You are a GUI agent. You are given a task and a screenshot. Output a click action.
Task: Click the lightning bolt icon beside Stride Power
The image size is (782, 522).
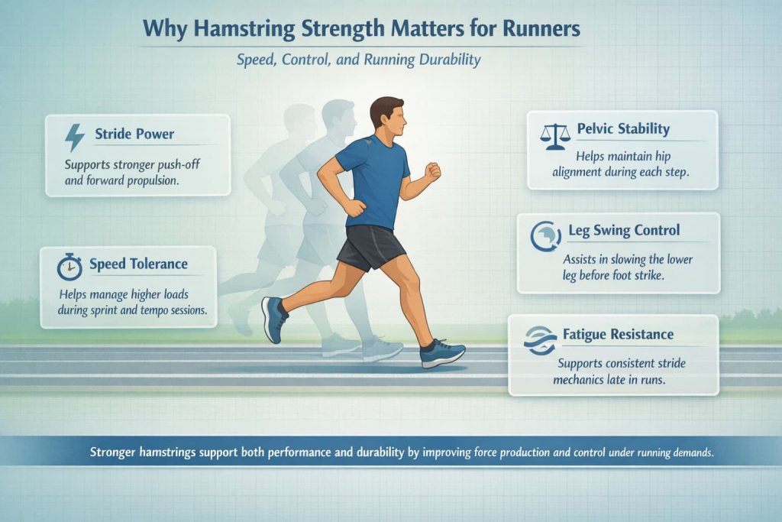click(x=74, y=138)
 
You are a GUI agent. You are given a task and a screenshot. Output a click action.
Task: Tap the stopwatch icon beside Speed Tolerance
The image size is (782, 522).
click(x=69, y=266)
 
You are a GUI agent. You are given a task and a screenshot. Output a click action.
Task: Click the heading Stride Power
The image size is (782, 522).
click(x=134, y=135)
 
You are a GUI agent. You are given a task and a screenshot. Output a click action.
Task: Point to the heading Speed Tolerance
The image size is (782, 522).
click(x=138, y=264)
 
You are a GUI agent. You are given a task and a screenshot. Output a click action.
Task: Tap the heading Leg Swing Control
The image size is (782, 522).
click(x=624, y=230)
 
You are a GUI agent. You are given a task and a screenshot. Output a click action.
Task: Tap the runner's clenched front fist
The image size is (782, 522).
click(x=433, y=170)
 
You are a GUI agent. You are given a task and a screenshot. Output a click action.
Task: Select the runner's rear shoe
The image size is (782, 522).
click(x=273, y=318)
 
